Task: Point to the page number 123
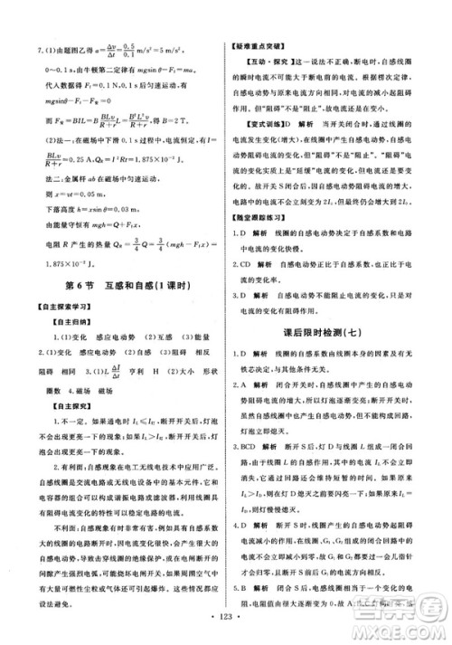click(225, 626)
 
